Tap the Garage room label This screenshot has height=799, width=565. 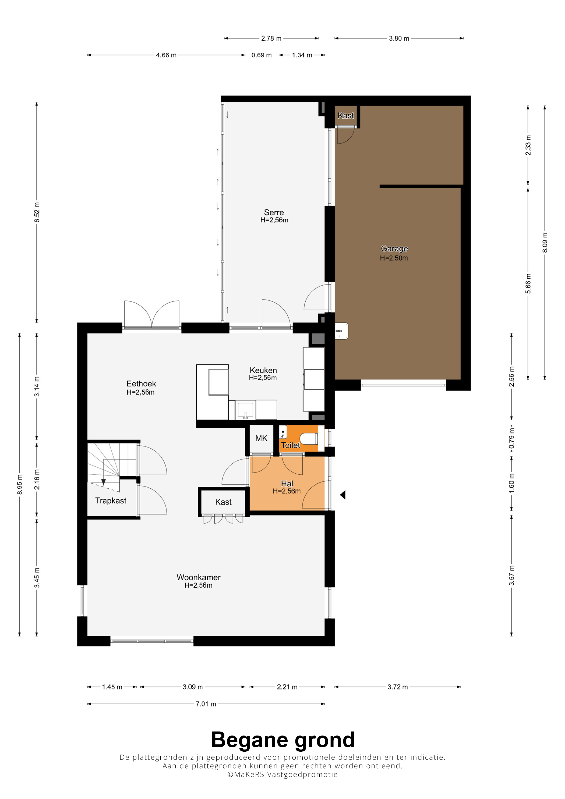pos(394,248)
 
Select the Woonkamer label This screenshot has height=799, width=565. pos(199,577)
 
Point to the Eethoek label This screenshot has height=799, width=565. pos(141,383)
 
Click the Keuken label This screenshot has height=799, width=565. pos(263,370)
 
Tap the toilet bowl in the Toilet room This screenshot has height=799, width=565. pos(309,438)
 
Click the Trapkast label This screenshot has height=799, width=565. pos(111,500)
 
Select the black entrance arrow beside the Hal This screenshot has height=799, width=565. pos(342,495)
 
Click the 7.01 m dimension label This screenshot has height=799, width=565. pos(206,704)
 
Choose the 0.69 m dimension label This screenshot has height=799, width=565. pos(262,55)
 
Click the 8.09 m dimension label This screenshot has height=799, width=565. pos(545,243)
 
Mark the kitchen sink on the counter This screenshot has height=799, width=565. pos(245,410)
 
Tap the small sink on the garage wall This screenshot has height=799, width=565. pos(341,331)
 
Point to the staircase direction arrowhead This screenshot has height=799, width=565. pos(103,482)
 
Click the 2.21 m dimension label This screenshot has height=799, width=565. pos(287,687)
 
